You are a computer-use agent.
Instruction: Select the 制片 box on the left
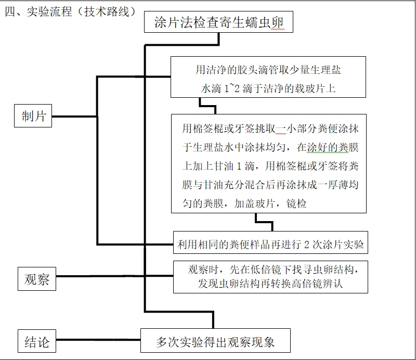(34, 116)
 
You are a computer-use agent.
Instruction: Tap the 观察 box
(36, 279)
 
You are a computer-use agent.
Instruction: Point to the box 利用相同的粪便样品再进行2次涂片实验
(270, 243)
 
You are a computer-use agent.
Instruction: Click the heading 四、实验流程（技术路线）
(70, 11)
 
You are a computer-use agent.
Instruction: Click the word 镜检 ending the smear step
(297, 203)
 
